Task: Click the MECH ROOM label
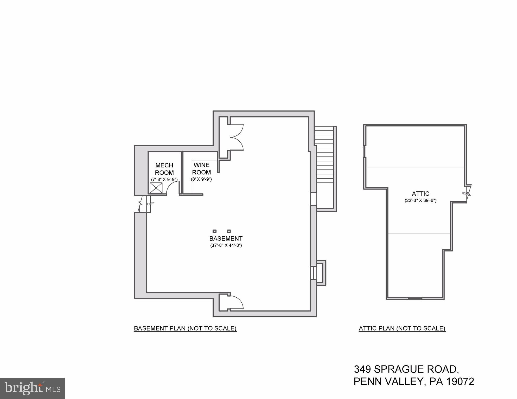click(164, 169)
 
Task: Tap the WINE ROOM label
click(201, 169)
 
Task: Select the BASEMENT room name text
click(226, 239)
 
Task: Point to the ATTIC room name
click(420, 194)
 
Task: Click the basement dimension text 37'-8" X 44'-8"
click(226, 245)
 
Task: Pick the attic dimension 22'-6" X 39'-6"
click(420, 200)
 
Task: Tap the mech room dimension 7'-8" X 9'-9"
click(164, 179)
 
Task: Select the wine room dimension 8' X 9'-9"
click(201, 179)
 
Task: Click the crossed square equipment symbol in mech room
click(156, 188)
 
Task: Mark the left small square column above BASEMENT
click(215, 231)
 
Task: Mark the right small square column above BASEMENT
click(229, 231)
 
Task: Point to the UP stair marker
click(152, 203)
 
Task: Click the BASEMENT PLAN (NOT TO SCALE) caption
click(185, 329)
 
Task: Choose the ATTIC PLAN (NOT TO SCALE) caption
click(402, 329)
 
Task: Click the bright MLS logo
click(32, 388)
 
